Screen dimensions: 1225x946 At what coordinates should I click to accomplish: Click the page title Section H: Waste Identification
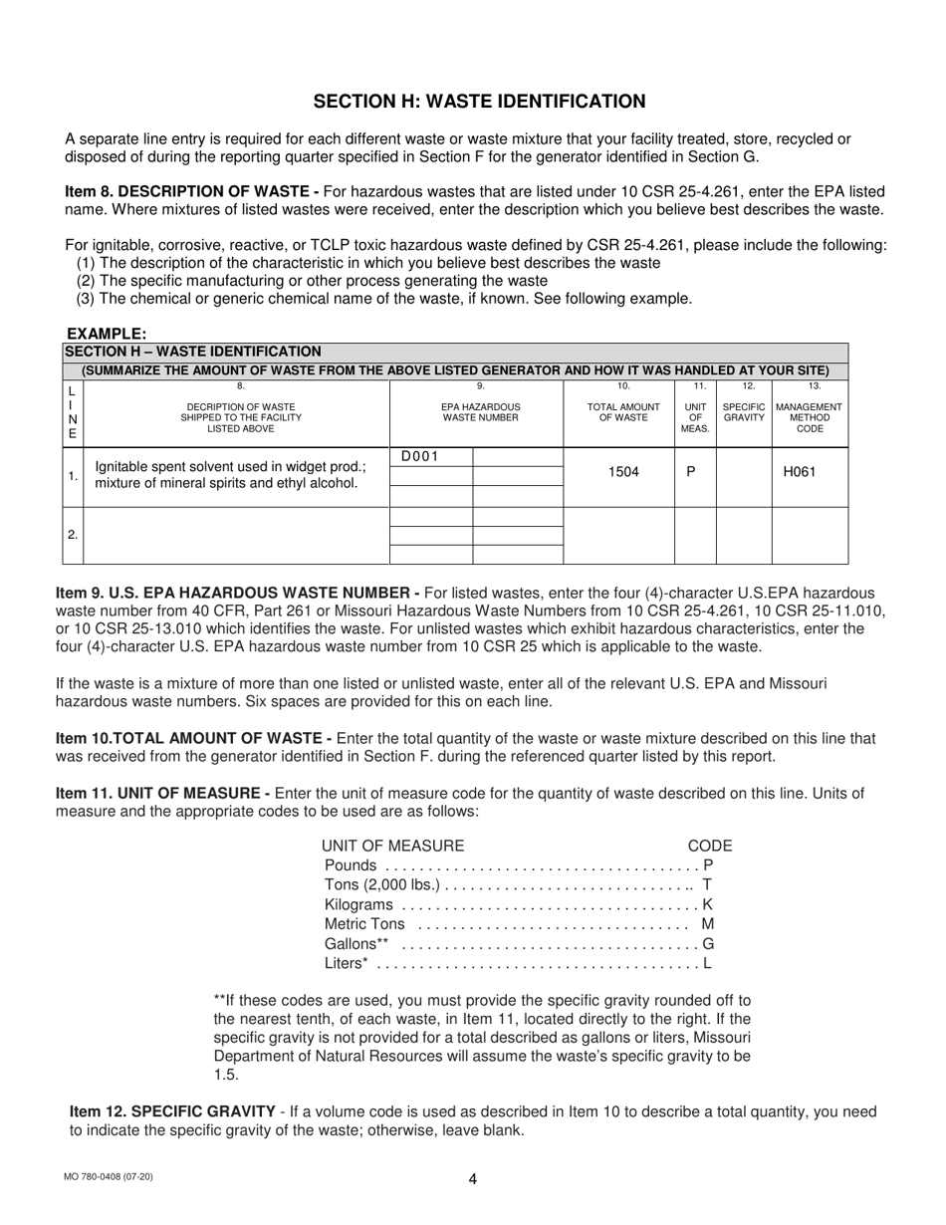point(479,101)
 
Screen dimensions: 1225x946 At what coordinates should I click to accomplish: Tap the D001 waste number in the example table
point(419,457)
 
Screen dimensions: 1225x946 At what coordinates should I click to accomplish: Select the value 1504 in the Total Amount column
point(623,472)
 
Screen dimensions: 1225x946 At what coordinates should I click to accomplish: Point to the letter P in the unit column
point(692,472)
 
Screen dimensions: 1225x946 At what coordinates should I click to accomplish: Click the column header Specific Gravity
point(744,412)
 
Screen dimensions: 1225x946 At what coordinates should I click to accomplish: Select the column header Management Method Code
point(809,417)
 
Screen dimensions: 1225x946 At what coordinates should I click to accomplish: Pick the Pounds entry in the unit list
point(351,865)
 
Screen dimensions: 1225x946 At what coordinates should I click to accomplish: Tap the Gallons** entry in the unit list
point(356,943)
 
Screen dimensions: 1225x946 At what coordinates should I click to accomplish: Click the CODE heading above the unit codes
point(710,846)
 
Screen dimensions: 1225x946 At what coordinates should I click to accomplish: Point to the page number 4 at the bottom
point(473,1179)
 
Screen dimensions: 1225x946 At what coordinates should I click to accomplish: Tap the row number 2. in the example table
point(73,535)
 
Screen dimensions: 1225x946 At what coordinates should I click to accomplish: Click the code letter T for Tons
point(707,885)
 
